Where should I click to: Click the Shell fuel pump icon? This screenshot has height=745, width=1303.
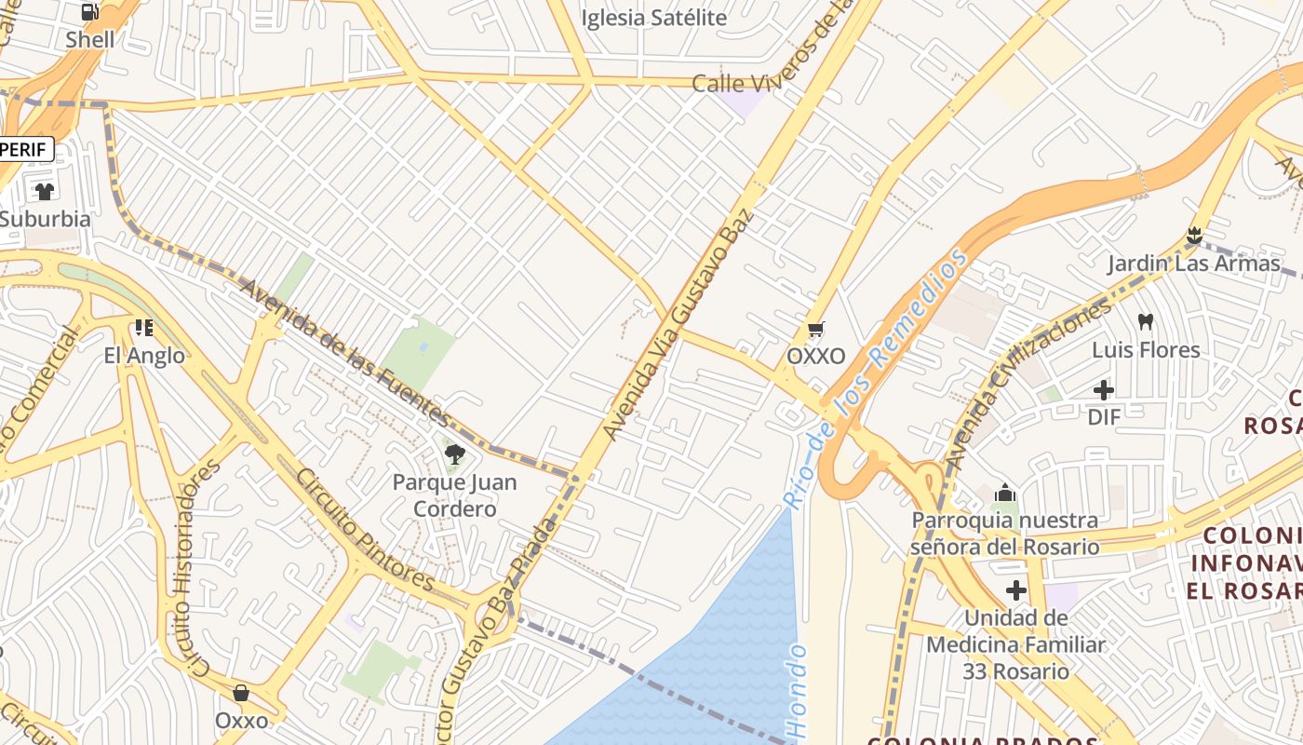tap(90, 12)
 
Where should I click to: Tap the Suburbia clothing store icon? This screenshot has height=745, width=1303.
tap(45, 192)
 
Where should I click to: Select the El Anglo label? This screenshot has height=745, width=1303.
tap(144, 356)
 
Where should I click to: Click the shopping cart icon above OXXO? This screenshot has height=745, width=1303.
tap(816, 330)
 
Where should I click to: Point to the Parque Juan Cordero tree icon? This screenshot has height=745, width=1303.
tap(455, 454)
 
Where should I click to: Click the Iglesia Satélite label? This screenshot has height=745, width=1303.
tap(653, 18)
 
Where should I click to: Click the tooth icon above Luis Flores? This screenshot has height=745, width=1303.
tap(1146, 322)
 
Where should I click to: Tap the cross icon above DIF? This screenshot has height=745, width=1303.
tap(1104, 390)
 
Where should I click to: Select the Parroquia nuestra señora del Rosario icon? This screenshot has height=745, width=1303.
tap(1005, 493)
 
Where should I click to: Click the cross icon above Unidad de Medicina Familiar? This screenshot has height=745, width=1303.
tap(1016, 590)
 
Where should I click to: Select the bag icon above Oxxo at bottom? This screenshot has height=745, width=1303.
tap(241, 693)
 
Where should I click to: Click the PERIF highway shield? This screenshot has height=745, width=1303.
tap(25, 149)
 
